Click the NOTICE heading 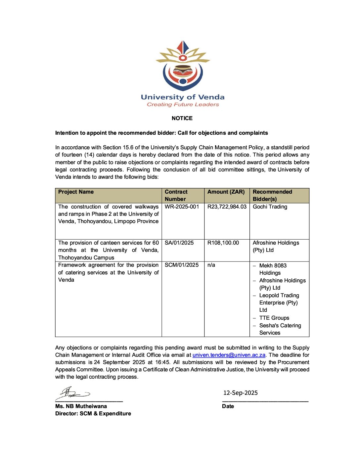[x=182, y=118]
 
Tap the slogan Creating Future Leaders [x=183, y=105]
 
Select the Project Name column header [x=76, y=192]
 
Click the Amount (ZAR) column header [x=226, y=192]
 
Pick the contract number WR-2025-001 [x=182, y=207]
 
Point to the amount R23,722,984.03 [x=227, y=207]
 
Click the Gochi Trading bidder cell [x=270, y=207]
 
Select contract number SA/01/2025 [x=179, y=243]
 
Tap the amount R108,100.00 [x=223, y=243]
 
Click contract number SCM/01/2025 [x=182, y=265]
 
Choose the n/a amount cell [x=211, y=265]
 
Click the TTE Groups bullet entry [x=274, y=318]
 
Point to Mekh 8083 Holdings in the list [x=273, y=269]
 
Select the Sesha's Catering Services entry [x=280, y=329]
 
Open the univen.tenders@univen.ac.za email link [x=229, y=355]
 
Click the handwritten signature [x=73, y=394]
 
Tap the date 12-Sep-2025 [x=241, y=393]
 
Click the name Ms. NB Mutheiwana [x=81, y=406]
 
